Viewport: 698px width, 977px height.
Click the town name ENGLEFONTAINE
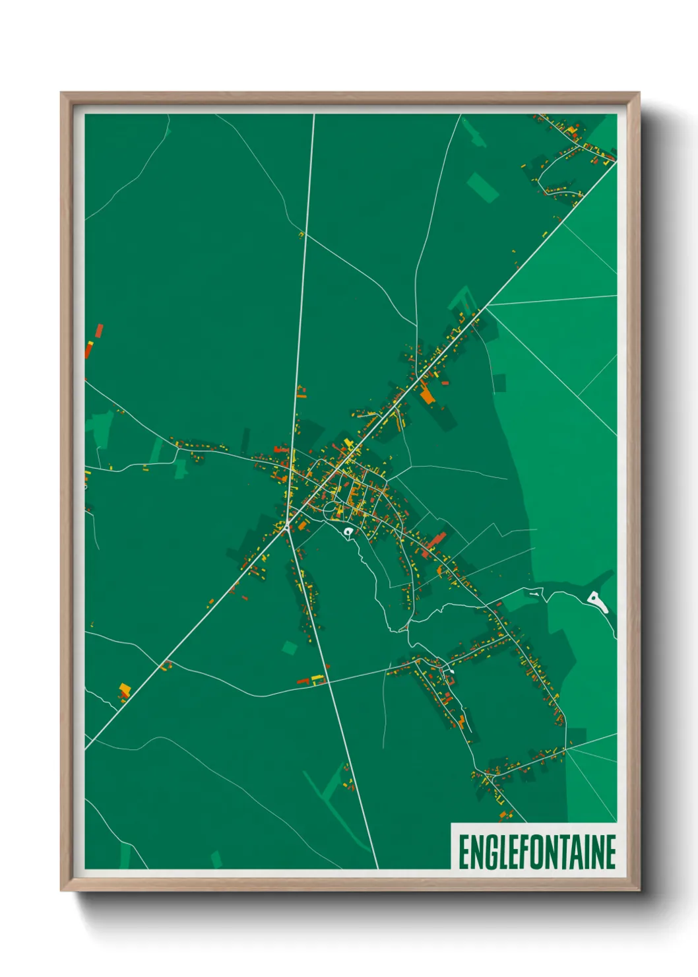[537, 852]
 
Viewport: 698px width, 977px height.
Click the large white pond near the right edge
[596, 601]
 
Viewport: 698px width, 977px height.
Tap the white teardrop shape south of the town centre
[348, 531]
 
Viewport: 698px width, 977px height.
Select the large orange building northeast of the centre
[427, 395]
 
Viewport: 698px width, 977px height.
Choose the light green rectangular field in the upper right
[483, 187]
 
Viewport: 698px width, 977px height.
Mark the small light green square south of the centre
[289, 648]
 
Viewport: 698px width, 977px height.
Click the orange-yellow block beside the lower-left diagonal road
[124, 691]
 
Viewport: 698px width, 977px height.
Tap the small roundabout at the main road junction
[286, 524]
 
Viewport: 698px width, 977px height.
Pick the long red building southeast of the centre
[436, 541]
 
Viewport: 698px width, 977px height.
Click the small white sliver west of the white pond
[533, 594]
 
